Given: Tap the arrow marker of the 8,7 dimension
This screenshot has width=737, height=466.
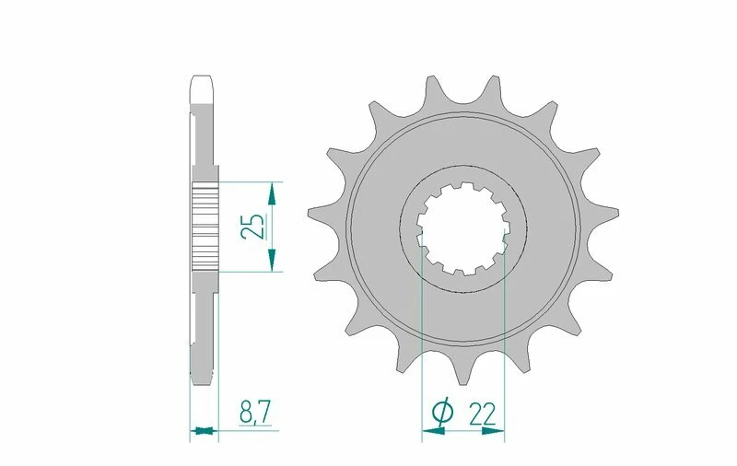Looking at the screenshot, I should pyautogui.click(x=205, y=429).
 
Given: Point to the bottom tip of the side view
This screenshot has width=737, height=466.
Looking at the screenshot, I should pyautogui.click(x=204, y=379).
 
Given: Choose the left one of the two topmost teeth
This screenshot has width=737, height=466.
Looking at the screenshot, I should pyautogui.click(x=431, y=89).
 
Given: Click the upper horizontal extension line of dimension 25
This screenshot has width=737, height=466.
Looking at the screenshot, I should pyautogui.click(x=249, y=181).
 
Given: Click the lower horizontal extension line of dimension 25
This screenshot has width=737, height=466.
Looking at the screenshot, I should pyautogui.click(x=249, y=272).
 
